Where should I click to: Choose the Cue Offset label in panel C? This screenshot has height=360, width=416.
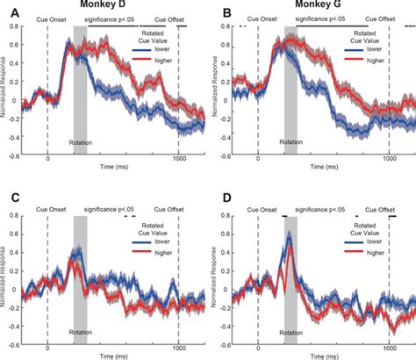click(x=169, y=210)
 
